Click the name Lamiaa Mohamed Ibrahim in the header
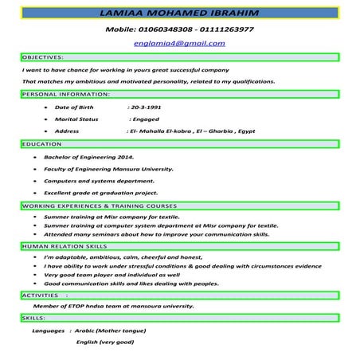[180, 13]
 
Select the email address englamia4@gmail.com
[179, 45]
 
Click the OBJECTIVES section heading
[43, 57]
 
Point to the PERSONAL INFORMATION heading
[61, 94]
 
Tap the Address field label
[67, 131]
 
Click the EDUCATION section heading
[42, 144]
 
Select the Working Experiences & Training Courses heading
[99, 205]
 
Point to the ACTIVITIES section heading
[40, 295]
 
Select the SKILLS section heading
[33, 318]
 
